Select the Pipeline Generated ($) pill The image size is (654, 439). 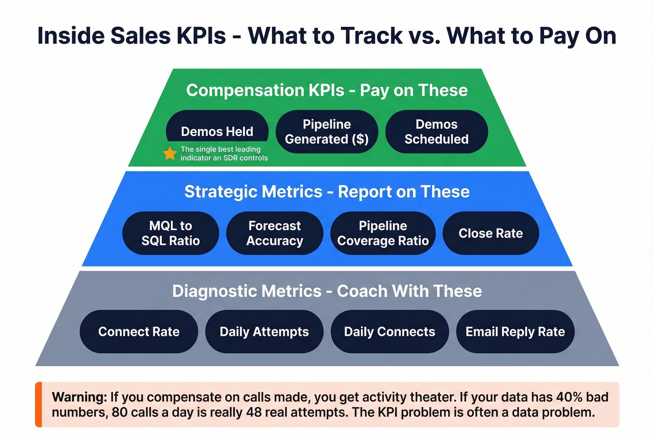pos(327,132)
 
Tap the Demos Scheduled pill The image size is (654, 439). pos(436,132)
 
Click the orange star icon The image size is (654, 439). pos(170,153)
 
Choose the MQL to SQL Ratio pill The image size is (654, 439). pos(171,233)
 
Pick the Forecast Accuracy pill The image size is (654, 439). pos(275,233)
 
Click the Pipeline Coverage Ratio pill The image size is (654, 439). pos(383,233)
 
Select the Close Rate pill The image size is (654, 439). pos(490,233)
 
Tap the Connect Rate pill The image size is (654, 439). pos(139,331)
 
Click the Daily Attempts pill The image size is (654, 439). pos(264,331)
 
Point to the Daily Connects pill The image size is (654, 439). pos(390,331)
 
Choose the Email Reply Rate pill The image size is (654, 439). pos(515,331)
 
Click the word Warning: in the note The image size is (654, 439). pos(79,397)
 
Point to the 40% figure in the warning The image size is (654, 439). pos(569,397)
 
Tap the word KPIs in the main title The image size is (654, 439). pos(199,36)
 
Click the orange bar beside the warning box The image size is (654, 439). pos(39,404)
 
